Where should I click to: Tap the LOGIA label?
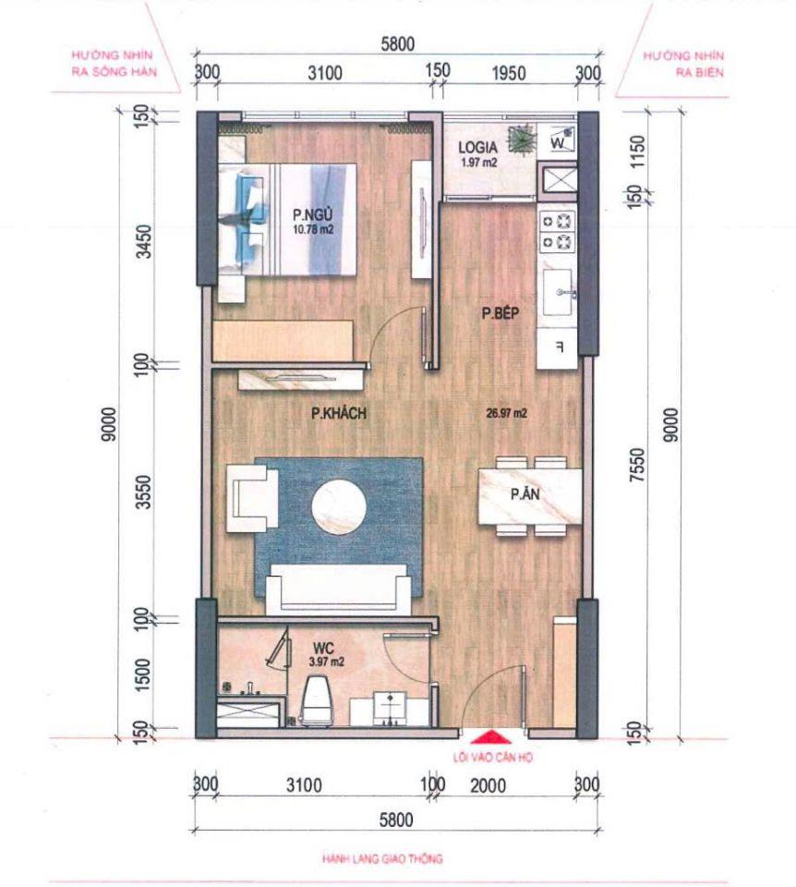tap(479, 148)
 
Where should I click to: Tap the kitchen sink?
tap(560, 294)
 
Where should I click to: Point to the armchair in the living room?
tap(251, 496)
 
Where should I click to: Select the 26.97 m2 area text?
tap(506, 415)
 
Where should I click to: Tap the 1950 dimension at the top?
tap(506, 73)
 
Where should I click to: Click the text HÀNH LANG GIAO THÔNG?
tap(382, 858)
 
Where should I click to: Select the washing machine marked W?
tap(559, 142)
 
